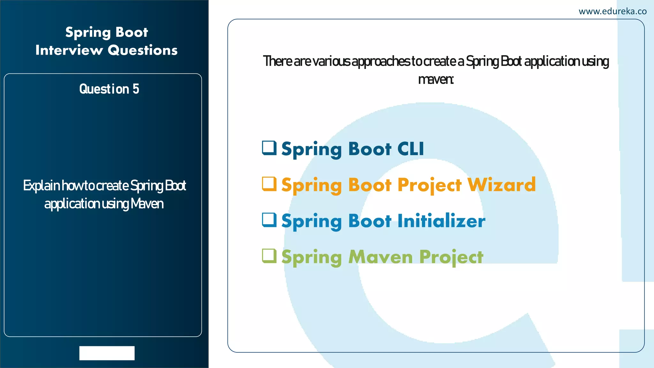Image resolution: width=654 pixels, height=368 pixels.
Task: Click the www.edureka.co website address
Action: point(612,11)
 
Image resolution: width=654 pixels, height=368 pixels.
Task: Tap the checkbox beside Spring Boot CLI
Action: point(269,148)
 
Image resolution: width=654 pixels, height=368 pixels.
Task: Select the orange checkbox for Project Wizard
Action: point(269,184)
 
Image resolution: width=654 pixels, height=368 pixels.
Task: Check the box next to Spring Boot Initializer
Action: point(269,220)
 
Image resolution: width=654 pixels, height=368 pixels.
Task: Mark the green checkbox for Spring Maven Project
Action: point(269,256)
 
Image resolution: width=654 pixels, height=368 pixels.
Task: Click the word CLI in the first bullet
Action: point(410,149)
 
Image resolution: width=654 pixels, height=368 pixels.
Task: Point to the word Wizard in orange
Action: point(501,185)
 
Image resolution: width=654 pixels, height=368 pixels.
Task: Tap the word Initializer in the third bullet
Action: point(441,221)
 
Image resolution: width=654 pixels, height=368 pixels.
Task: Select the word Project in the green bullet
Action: point(451,257)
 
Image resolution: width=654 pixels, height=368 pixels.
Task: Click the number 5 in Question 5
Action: point(136,89)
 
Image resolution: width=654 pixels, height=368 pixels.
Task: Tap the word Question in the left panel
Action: point(104,89)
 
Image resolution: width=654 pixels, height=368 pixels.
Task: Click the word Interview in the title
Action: point(69,50)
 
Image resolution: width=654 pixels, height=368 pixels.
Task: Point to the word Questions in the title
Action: point(142,50)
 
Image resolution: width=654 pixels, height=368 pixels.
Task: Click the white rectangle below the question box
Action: point(107,353)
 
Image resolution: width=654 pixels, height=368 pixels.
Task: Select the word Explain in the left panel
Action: point(41,186)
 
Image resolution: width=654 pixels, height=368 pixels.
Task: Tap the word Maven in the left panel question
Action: point(147,204)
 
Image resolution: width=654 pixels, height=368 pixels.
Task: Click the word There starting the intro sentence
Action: point(277,61)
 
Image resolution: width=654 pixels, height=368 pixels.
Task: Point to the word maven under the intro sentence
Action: point(435,79)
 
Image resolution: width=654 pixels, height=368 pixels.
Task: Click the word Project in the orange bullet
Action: point(430,185)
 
